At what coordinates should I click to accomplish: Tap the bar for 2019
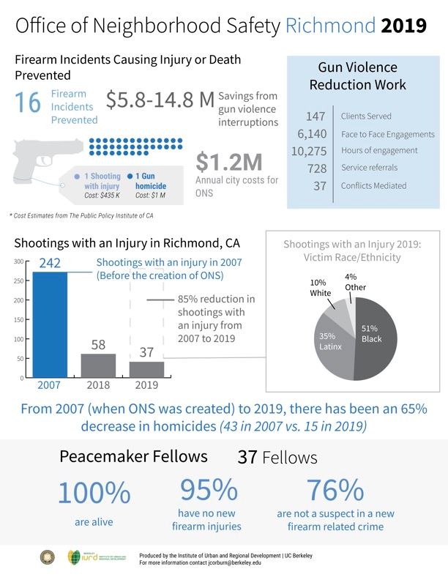point(146,369)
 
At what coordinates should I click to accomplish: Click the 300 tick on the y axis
point(16,261)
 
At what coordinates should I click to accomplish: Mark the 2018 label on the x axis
point(97,385)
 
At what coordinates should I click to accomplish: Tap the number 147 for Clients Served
point(314,116)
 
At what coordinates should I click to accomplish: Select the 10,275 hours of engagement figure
point(308,151)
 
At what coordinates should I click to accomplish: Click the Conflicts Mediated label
point(373,186)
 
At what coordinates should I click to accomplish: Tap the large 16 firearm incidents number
point(28,103)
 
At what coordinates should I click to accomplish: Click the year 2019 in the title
point(403,27)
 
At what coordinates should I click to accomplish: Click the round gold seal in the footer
point(46,557)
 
